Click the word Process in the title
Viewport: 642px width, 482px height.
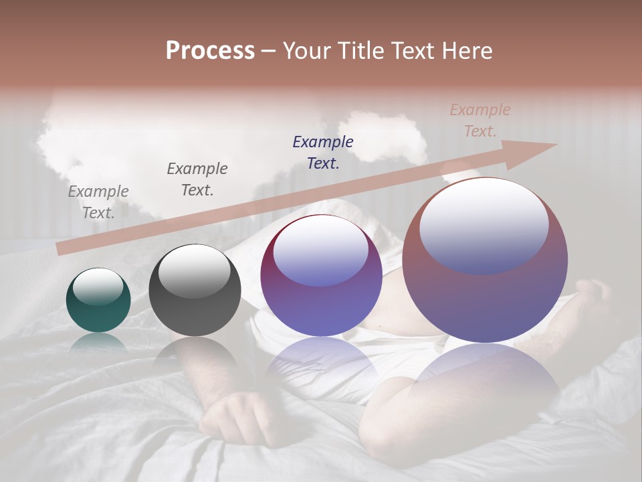tap(210, 51)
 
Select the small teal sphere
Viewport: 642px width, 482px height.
tap(98, 301)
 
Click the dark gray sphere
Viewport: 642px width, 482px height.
tap(195, 291)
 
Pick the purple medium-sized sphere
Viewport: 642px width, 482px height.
tap(321, 276)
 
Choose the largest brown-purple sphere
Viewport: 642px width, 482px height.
tap(485, 261)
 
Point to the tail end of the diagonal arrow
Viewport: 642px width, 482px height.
tap(60, 249)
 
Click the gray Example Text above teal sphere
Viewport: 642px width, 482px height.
tap(98, 202)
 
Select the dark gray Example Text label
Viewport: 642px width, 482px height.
tap(197, 179)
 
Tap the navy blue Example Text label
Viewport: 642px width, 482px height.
tap(323, 152)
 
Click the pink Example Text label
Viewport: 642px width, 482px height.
tap(480, 120)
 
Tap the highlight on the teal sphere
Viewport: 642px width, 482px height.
tap(98, 286)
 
